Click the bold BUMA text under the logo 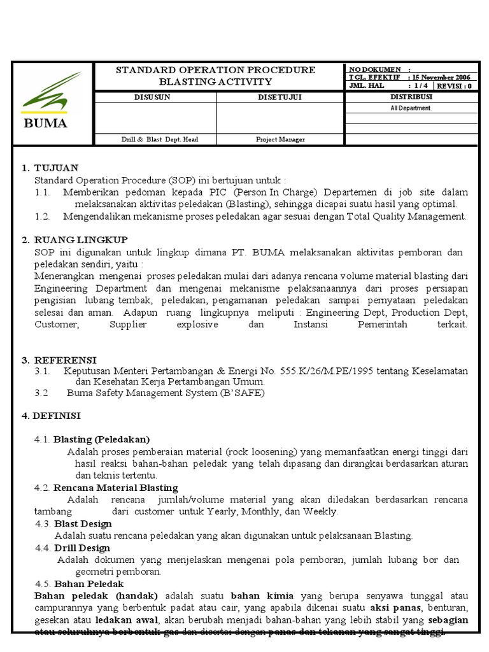point(45,124)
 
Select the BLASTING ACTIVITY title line point(215,81)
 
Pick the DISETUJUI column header point(280,97)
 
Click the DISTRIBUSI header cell point(411,97)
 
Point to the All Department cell point(411,108)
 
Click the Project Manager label point(280,139)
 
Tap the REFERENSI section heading point(65,359)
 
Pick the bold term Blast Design point(83,523)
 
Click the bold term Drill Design point(81,548)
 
